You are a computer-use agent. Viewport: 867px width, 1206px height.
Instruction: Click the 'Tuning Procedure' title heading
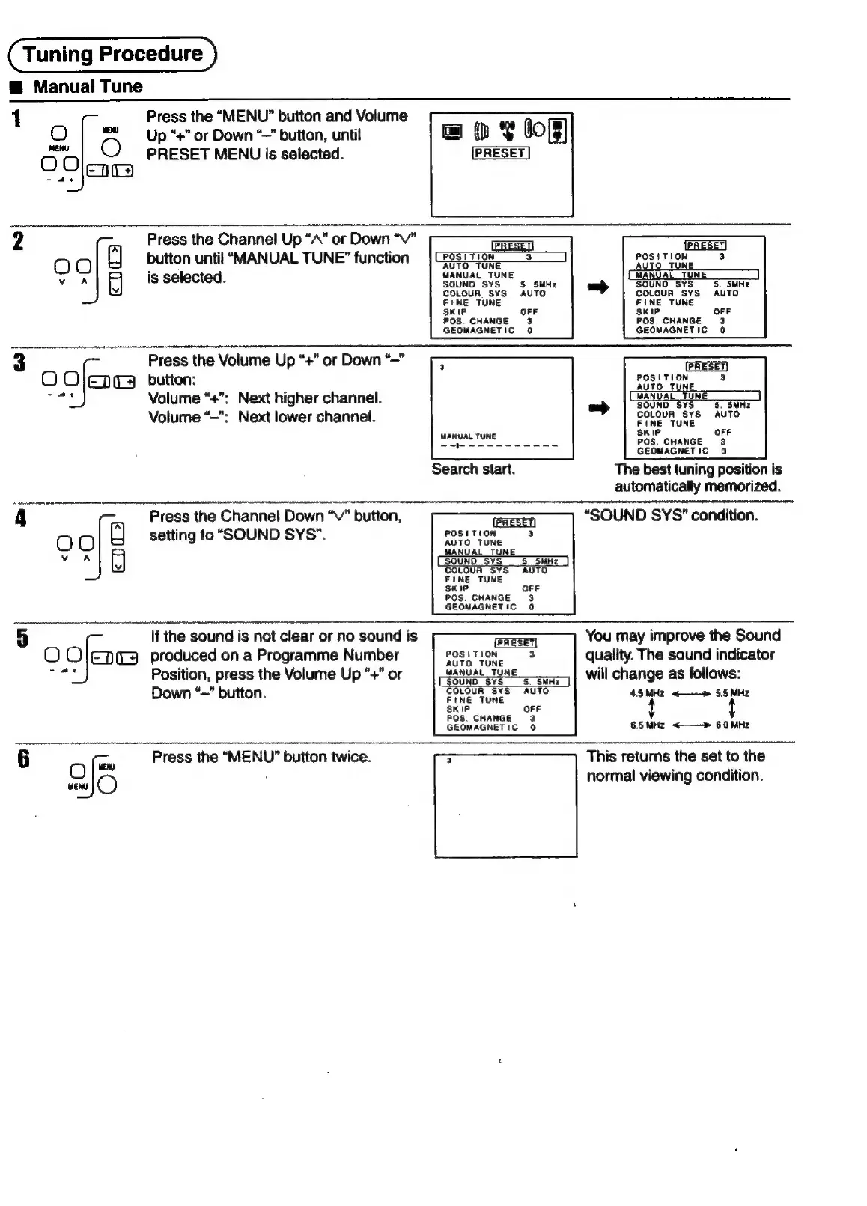point(112,54)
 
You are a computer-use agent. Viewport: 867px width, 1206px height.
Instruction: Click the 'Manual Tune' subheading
point(88,87)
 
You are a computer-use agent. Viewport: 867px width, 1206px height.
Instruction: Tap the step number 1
point(16,119)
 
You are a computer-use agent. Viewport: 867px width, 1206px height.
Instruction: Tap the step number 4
point(20,518)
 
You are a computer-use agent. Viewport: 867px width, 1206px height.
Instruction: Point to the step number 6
point(23,759)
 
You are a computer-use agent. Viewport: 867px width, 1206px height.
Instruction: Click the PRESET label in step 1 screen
point(501,153)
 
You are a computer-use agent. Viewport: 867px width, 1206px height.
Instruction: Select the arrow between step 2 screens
point(597,287)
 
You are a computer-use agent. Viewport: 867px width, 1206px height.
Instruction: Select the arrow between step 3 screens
point(598,408)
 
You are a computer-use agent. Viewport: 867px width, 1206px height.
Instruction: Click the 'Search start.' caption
point(473,469)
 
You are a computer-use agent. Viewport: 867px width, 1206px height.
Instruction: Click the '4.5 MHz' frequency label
point(647,693)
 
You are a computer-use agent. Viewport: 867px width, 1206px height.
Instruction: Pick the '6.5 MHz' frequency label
point(647,725)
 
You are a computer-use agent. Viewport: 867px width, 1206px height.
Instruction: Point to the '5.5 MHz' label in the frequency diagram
point(731,693)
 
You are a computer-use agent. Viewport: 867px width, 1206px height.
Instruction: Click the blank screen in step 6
point(505,805)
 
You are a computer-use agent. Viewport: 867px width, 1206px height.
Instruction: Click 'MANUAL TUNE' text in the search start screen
point(468,436)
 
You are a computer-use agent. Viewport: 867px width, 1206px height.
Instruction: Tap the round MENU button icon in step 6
point(107,785)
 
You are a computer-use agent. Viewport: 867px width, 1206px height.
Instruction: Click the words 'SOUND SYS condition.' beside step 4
point(671,515)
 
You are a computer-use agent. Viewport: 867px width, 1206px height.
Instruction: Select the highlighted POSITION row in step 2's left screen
point(500,257)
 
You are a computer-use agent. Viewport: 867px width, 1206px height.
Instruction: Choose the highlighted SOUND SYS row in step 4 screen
point(502,561)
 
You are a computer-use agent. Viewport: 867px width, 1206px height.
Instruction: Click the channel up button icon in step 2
point(115,256)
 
